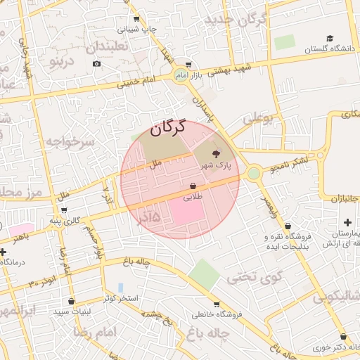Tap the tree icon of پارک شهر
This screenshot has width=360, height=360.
216,153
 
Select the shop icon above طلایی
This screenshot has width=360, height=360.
192,186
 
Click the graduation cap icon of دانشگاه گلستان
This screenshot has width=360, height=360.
330,38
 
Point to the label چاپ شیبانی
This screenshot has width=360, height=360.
136,30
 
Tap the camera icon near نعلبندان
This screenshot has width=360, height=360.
96,64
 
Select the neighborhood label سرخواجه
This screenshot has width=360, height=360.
70,142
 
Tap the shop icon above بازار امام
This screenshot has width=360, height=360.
188,63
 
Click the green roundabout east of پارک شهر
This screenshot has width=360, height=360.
253,173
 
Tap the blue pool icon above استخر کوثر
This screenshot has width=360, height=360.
121,288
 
